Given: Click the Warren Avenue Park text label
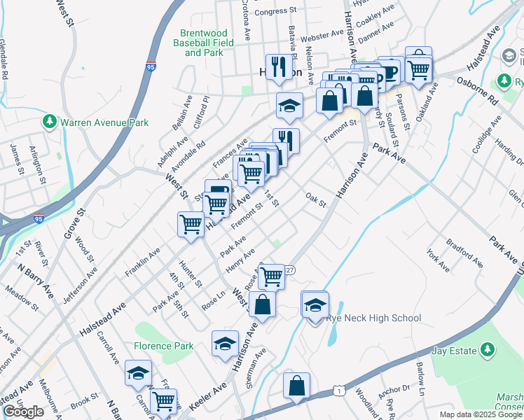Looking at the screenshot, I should [x=104, y=122].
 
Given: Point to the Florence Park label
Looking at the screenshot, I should [x=163, y=346].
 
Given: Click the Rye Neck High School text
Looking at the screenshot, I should [x=373, y=318].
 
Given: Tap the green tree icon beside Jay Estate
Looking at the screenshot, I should [x=488, y=350].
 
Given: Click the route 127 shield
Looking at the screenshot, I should [x=290, y=270].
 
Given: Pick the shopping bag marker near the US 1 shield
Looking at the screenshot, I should [x=296, y=385].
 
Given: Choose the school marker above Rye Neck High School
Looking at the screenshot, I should [x=315, y=304].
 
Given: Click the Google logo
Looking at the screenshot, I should [x=23, y=412].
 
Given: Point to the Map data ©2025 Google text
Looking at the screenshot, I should [x=481, y=414].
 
